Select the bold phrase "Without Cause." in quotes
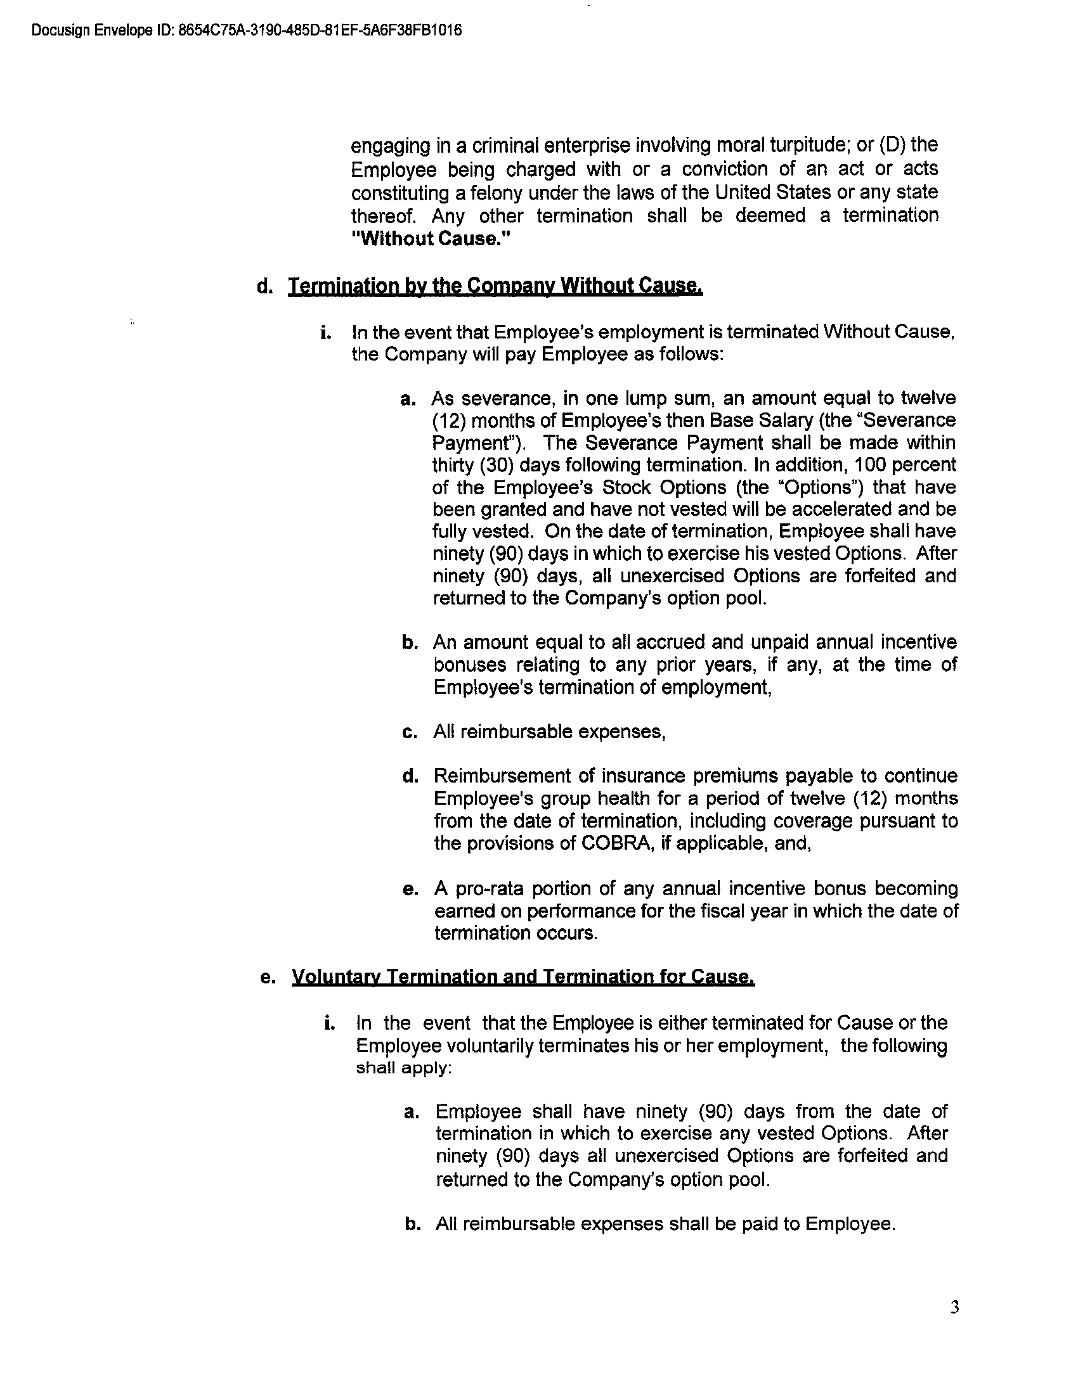pyautogui.click(x=432, y=239)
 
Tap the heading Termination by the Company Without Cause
pyautogui.click(x=496, y=286)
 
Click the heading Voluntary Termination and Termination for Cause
pyautogui.click(x=523, y=977)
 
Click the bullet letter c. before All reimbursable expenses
pyautogui.click(x=410, y=732)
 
